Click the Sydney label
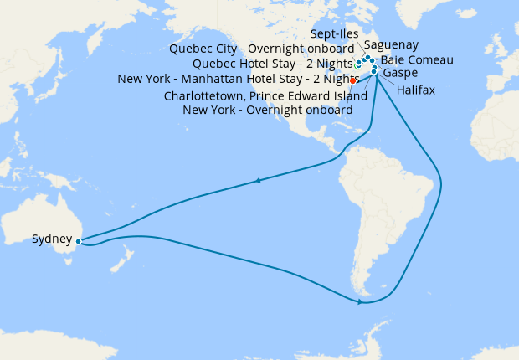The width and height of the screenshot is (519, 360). pos(51,239)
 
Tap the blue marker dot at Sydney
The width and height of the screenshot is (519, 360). pos(77,241)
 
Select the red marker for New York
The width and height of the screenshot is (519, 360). pos(353,81)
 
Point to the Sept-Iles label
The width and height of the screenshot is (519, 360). pos(334,34)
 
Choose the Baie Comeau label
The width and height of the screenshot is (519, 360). pos(417,60)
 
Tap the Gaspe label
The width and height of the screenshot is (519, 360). pos(400,73)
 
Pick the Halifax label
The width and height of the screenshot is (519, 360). pos(416,89)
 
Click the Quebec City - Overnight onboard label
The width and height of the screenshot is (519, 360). pos(261,49)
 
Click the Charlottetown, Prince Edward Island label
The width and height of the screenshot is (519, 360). pos(265,95)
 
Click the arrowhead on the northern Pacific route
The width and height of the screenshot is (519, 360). pos(259,180)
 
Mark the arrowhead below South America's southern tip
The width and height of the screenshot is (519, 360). pos(361,302)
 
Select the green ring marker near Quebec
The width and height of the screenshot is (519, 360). pos(358,64)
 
